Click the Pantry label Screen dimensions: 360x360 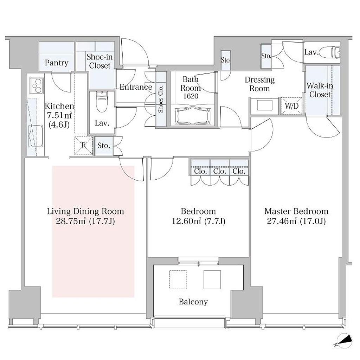[57, 63]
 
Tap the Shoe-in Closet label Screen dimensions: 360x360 [99, 61]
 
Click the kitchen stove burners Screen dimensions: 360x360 [37, 86]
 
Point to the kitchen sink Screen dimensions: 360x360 [36, 136]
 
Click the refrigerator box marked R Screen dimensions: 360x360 [84, 145]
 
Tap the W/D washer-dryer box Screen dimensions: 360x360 [291, 106]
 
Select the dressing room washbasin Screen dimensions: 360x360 [264, 105]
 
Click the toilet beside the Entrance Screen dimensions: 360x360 [102, 102]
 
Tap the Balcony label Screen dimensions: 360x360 [193, 302]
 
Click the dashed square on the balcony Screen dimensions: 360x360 [178, 279]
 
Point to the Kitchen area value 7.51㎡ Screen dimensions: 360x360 [59, 115]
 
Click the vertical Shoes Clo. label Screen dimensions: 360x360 [161, 99]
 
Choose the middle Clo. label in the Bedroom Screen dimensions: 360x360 [220, 171]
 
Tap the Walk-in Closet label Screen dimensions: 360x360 [320, 90]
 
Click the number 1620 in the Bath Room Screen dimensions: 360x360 [191, 96]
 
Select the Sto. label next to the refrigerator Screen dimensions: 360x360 [104, 145]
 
